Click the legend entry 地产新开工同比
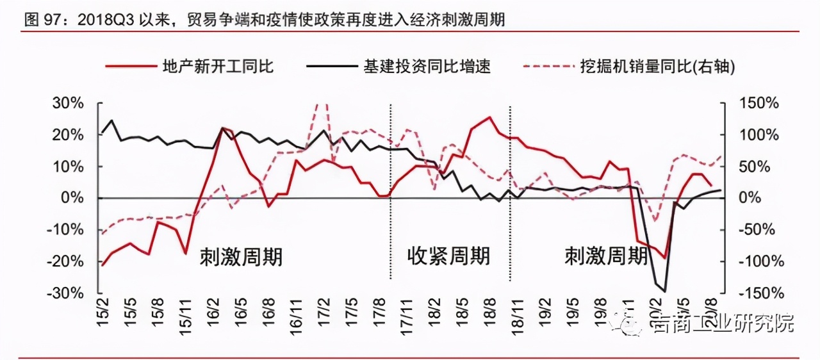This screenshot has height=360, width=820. (x=218, y=66)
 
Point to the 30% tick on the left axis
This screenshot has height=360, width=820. (x=67, y=104)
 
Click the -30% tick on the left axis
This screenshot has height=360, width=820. (x=64, y=293)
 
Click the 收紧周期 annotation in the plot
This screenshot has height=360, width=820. (x=448, y=256)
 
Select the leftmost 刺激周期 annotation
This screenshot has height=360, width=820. (x=241, y=256)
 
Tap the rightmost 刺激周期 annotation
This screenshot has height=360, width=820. (x=605, y=256)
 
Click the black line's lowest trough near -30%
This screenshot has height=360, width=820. (x=664, y=291)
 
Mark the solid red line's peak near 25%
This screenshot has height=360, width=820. (x=490, y=117)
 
